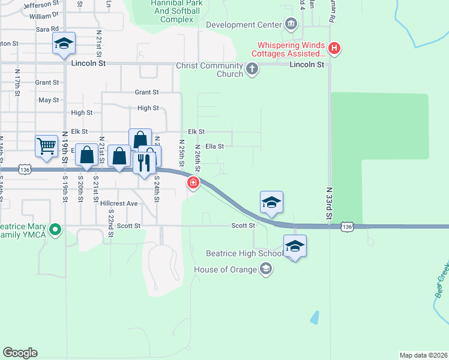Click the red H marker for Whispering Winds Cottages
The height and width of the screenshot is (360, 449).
(335, 47)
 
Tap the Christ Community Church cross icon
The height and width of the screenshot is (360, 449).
(253, 70)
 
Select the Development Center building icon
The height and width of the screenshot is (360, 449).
(291, 25)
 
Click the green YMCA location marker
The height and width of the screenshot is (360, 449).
(55, 229)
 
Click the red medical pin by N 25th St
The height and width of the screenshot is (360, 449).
(193, 183)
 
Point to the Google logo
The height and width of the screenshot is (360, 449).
(20, 352)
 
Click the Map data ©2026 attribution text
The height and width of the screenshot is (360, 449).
(423, 355)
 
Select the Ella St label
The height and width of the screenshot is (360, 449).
(214, 146)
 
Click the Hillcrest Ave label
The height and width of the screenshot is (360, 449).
(119, 203)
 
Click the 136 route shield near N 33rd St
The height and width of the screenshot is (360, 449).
(346, 226)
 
